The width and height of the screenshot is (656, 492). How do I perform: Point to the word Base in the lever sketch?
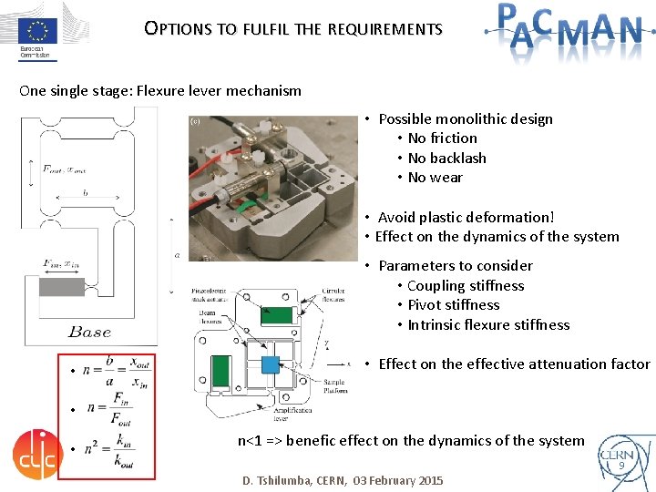coord(89,332)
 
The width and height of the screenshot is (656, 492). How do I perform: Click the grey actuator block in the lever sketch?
coord(61,287)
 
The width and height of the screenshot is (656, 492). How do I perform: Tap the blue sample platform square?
coord(271,365)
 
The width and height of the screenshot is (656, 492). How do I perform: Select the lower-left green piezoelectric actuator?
coord(220,369)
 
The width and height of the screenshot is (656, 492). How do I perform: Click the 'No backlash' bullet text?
coord(447,158)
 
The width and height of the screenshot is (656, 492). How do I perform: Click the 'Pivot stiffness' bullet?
coord(454,305)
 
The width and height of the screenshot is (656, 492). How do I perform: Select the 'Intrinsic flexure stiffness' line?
coord(488,325)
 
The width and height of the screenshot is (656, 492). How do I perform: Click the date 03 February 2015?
coord(398,480)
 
